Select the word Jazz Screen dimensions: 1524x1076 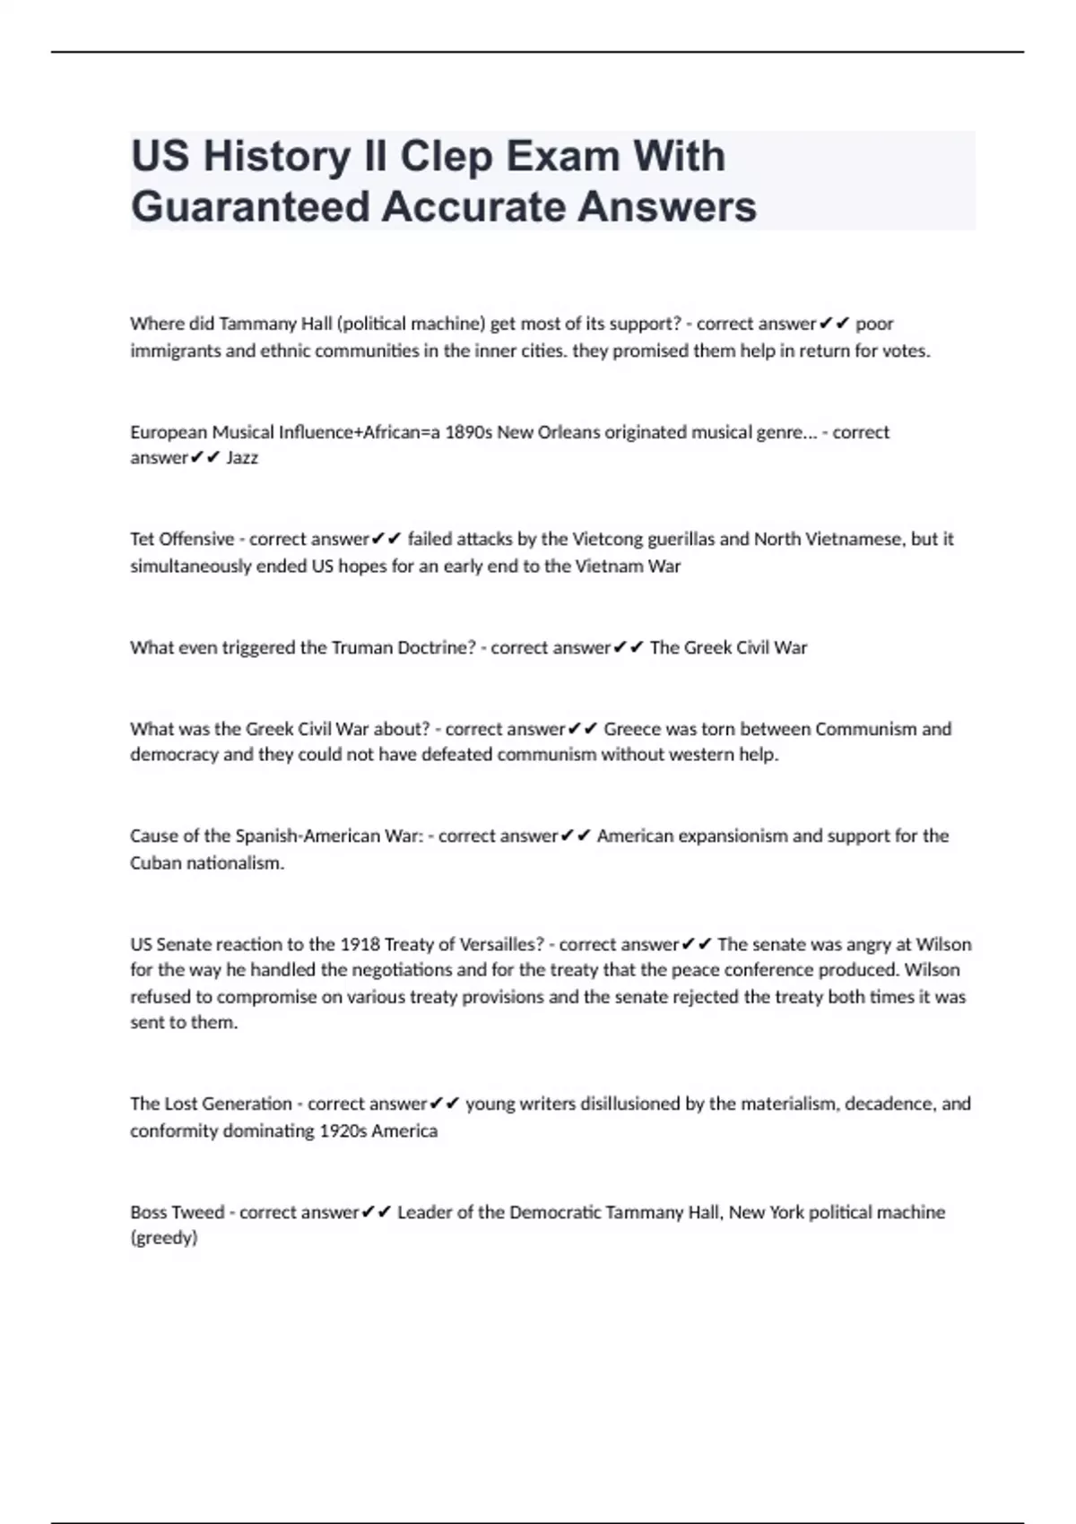pyautogui.click(x=242, y=458)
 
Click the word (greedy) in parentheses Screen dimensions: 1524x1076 pyautogui.click(x=163, y=1238)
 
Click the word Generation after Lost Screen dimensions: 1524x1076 pyautogui.click(x=239, y=1104)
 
